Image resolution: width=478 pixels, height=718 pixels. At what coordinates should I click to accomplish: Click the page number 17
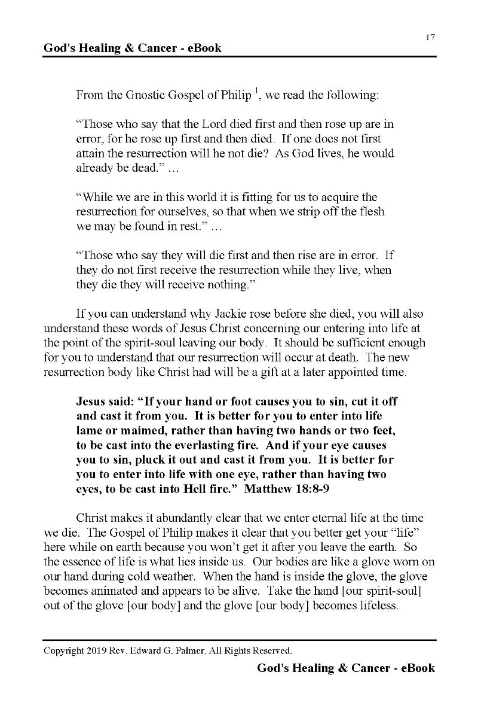(x=430, y=38)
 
